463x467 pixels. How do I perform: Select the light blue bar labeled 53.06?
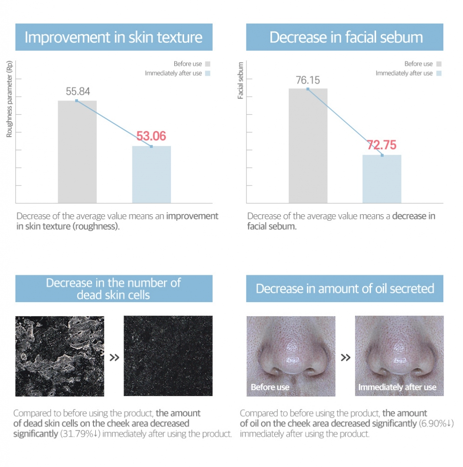click(151, 174)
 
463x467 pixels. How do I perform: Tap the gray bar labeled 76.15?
click(308, 146)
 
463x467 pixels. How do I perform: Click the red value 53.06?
click(151, 136)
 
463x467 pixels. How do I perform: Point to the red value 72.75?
click(382, 145)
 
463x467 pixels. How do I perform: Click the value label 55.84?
click(77, 92)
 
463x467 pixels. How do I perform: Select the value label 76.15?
click(308, 80)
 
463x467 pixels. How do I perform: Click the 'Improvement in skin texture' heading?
click(114, 37)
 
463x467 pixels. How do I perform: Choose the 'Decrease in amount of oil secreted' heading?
click(345, 288)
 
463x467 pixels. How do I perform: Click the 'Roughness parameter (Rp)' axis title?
click(9, 99)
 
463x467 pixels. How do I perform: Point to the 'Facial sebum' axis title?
click(240, 80)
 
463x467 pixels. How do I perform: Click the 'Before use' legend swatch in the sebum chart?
click(439, 64)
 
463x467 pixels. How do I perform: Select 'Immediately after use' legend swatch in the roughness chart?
click(208, 73)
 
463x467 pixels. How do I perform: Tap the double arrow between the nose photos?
click(345, 358)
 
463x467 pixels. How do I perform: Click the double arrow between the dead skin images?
click(114, 358)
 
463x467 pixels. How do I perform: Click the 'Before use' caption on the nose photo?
click(270, 387)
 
